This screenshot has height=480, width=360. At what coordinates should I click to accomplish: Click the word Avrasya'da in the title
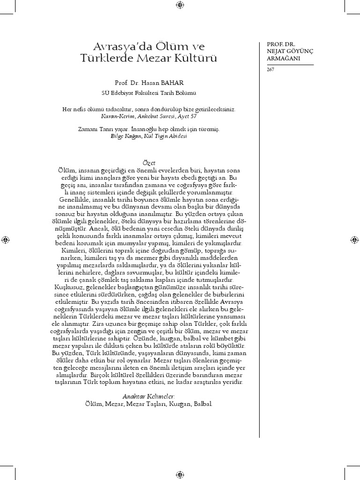tap(112, 46)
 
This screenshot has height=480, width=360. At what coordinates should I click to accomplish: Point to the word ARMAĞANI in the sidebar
tap(280, 58)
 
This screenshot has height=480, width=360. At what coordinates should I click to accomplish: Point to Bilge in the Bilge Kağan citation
tap(117, 135)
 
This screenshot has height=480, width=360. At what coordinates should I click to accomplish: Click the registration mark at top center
tap(180, 5)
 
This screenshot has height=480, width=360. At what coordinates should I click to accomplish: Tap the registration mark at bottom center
tap(180, 474)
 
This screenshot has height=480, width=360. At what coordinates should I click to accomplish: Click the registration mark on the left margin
tap(5, 240)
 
